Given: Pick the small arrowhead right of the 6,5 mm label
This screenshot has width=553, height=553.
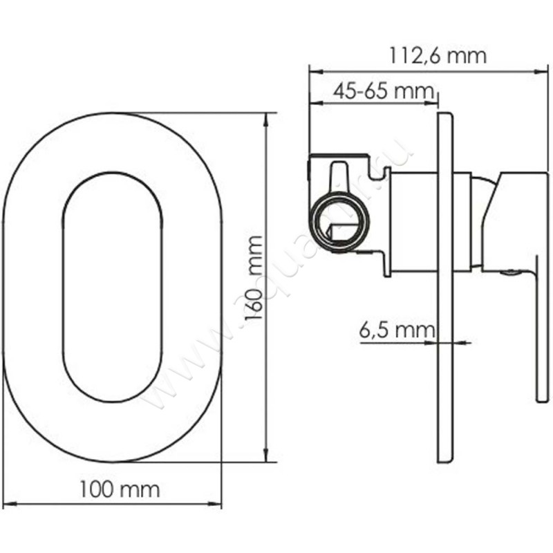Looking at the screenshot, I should click(465, 341).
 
